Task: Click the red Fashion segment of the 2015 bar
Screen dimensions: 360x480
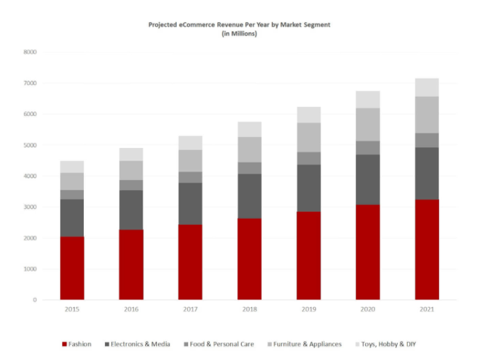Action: (x=72, y=268)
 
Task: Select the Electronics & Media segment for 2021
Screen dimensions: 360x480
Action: (x=427, y=173)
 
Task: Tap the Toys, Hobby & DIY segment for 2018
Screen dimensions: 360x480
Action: (x=249, y=129)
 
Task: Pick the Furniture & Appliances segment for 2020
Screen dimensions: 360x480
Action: (x=367, y=124)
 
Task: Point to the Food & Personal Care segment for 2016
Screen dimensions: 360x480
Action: (x=131, y=185)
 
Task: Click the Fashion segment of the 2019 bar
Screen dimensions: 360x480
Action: (x=308, y=255)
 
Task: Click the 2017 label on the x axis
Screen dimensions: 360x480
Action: (x=190, y=309)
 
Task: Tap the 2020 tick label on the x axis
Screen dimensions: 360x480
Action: (x=367, y=309)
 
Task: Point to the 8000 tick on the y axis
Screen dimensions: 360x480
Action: (x=30, y=52)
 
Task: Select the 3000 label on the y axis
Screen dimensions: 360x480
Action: (x=30, y=207)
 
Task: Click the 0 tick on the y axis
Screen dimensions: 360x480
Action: (x=35, y=300)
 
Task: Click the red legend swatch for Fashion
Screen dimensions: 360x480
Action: (x=64, y=345)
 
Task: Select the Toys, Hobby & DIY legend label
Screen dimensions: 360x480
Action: (x=390, y=345)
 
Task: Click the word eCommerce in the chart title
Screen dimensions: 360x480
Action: (x=194, y=24)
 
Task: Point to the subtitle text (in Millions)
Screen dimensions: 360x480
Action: (x=239, y=33)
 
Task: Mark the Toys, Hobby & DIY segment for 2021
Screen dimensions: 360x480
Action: (x=427, y=87)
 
